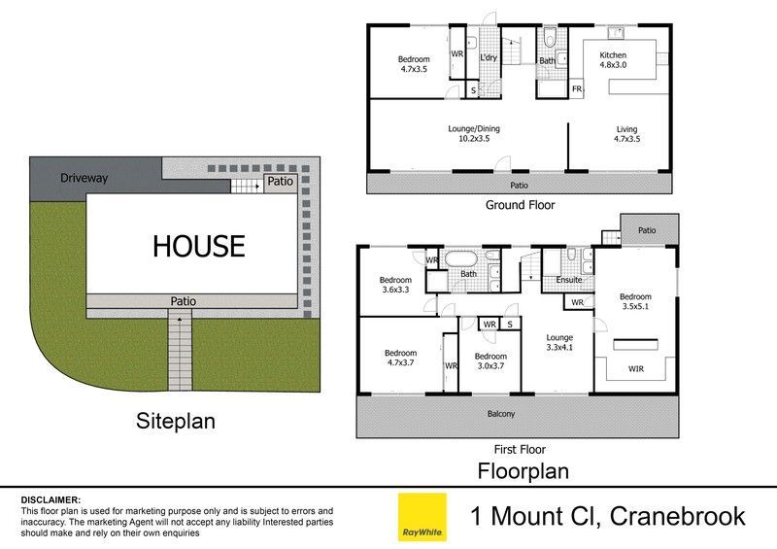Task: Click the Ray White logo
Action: tap(422, 517)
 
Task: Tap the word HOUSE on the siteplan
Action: tap(199, 246)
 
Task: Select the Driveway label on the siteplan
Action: tap(84, 178)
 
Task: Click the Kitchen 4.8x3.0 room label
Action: tap(613, 59)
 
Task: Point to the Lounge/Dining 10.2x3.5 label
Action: tap(474, 133)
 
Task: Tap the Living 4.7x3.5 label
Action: tap(626, 134)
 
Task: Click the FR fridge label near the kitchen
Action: tap(577, 88)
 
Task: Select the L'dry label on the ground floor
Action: tap(489, 57)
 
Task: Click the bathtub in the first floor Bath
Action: tap(460, 258)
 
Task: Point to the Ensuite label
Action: tap(568, 280)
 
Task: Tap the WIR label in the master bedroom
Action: tap(636, 368)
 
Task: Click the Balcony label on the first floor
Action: tap(500, 414)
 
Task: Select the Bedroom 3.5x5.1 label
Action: tap(635, 301)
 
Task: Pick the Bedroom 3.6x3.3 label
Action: tap(395, 285)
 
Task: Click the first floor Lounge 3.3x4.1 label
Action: tap(559, 342)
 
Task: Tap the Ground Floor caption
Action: tap(520, 205)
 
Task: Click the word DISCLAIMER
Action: tap(51, 499)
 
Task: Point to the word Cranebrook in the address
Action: tap(677, 516)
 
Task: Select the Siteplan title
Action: tap(176, 421)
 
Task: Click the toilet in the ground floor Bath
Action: tap(549, 37)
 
